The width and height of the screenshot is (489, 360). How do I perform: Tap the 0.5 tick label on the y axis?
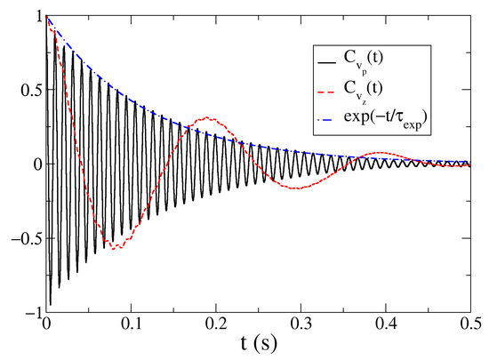click(27, 90)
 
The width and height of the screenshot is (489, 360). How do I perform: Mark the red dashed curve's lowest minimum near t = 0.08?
click(114, 247)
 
